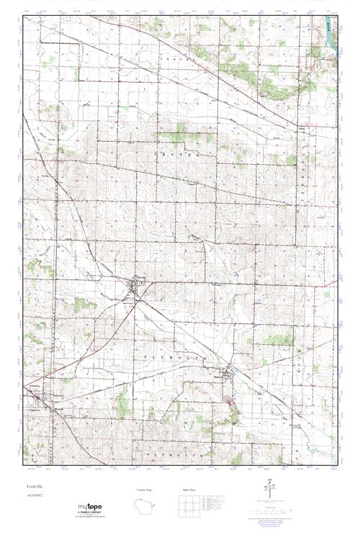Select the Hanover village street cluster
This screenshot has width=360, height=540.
(228, 374)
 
